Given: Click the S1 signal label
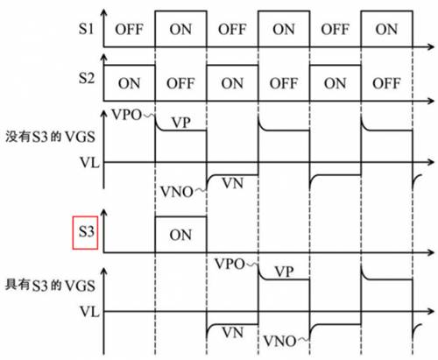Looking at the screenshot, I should [85, 28].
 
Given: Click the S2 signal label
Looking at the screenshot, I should [85, 80].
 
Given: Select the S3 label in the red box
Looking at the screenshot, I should [85, 234].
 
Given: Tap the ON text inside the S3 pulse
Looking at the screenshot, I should [180, 234].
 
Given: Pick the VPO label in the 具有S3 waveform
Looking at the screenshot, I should [230, 263].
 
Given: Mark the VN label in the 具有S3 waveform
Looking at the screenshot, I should [232, 334].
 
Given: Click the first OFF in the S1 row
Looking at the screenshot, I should [129, 28].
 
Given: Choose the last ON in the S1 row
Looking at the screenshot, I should [386, 28].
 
